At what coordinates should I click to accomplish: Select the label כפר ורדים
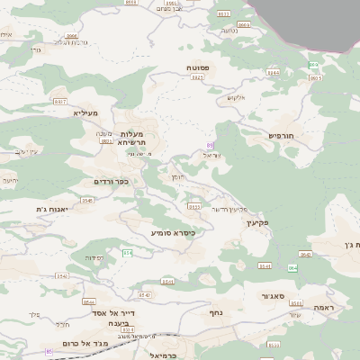(x=111, y=182)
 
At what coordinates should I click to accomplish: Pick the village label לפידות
(x=94, y=257)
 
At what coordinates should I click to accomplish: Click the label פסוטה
(x=198, y=67)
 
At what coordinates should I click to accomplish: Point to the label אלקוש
(x=236, y=97)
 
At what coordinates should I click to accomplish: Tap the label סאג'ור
(x=274, y=295)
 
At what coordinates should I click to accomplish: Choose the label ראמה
(x=324, y=307)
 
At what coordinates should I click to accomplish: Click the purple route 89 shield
(x=210, y=145)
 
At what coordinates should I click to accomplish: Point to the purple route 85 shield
(x=48, y=351)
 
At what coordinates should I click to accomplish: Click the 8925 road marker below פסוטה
(x=198, y=77)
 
